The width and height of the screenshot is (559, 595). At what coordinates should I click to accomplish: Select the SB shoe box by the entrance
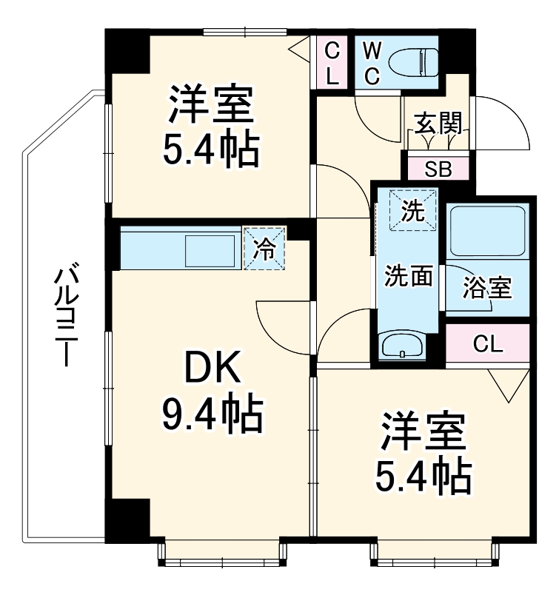pyautogui.click(x=438, y=169)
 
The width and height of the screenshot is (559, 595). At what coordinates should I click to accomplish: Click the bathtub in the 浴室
pyautogui.click(x=486, y=230)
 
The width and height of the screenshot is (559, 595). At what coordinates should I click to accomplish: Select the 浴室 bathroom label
pyautogui.click(x=486, y=287)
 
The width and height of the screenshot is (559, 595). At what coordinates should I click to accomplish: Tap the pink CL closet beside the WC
pyautogui.click(x=332, y=62)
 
